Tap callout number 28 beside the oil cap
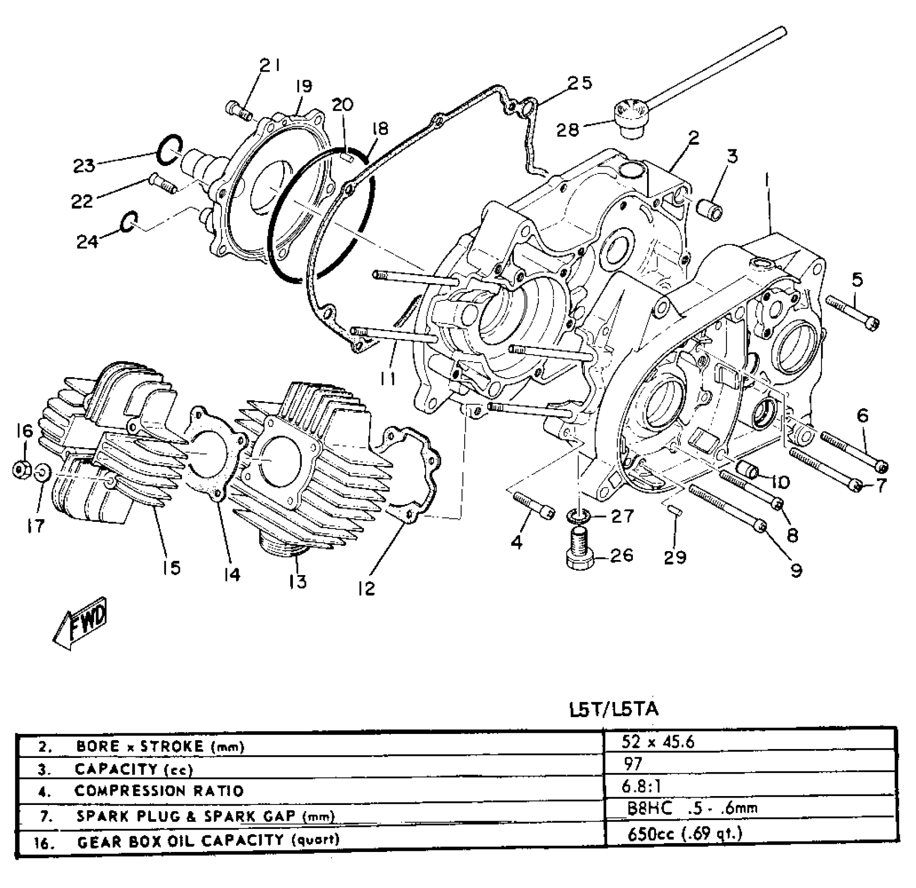pyautogui.click(x=568, y=128)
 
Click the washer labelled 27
pyautogui.click(x=579, y=517)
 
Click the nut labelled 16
pyautogui.click(x=21, y=470)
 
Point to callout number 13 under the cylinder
pyautogui.click(x=298, y=581)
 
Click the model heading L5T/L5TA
pyautogui.click(x=614, y=709)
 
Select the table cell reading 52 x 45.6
pyautogui.click(x=658, y=742)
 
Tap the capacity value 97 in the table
pyautogui.click(x=633, y=764)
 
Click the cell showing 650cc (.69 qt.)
pyautogui.click(x=684, y=834)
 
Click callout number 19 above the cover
pyautogui.click(x=303, y=87)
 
